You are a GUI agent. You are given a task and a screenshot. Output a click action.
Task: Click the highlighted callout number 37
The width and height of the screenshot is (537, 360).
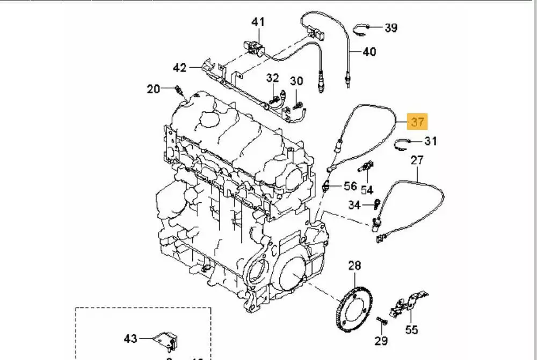(418, 122)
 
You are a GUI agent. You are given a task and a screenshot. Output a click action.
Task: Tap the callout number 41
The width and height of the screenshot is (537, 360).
(258, 22)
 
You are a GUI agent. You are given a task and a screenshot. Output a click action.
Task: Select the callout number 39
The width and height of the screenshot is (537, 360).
(390, 27)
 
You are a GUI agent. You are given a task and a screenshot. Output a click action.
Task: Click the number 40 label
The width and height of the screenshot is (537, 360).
(369, 52)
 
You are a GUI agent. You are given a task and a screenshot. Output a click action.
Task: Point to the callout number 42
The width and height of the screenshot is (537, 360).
(180, 68)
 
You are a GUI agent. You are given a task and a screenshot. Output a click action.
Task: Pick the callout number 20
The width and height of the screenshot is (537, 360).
(154, 89)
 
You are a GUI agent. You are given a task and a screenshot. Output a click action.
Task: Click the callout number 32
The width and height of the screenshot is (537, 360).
(273, 78)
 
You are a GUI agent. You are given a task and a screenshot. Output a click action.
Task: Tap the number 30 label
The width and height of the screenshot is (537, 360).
(296, 81)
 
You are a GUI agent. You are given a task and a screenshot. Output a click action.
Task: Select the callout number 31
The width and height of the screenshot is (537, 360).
(431, 141)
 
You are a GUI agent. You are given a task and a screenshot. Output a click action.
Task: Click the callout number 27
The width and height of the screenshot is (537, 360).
(417, 159)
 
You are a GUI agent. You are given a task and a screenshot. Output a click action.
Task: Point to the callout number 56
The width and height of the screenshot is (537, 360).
(350, 186)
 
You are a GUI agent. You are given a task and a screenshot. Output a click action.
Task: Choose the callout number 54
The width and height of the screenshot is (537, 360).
(367, 190)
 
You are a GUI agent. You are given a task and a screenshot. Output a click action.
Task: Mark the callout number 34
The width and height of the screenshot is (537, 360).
(354, 204)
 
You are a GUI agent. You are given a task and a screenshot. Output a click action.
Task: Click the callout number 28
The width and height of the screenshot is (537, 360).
(354, 265)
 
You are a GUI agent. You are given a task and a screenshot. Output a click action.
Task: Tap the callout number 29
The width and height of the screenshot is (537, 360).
(380, 340)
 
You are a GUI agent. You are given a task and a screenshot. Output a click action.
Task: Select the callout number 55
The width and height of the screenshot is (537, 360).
(412, 329)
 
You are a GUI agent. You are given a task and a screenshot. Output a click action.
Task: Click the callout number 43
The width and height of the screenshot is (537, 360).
(130, 339)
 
